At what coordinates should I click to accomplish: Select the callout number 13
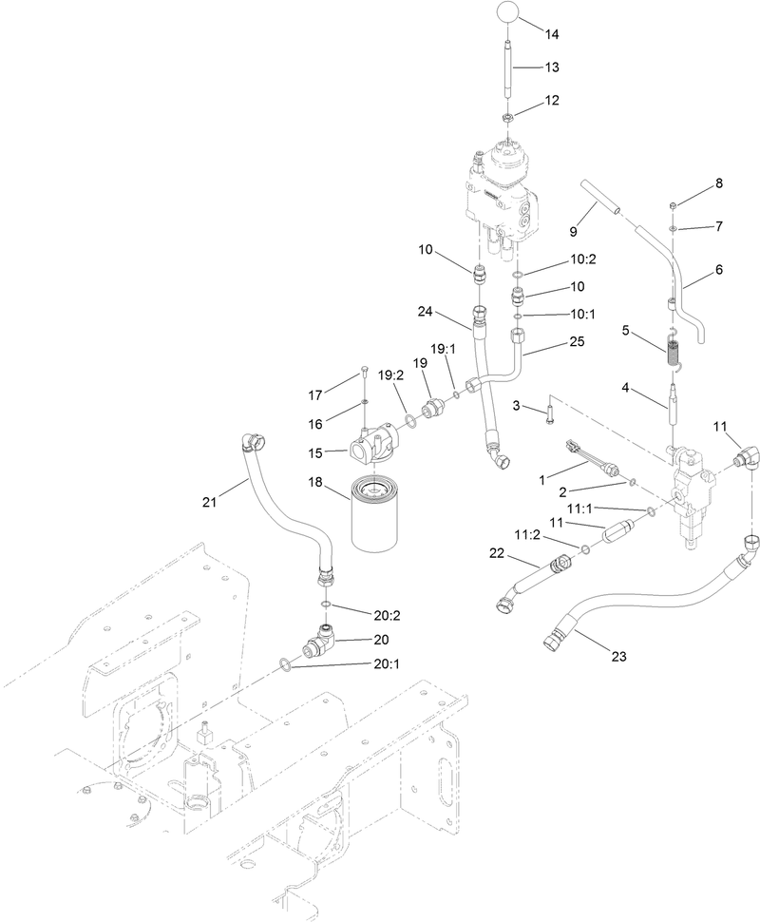click(550, 67)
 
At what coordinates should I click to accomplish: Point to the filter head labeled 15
click(373, 442)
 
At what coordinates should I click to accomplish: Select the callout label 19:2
click(389, 375)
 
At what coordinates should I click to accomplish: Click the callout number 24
click(425, 312)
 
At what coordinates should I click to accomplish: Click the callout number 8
click(718, 182)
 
